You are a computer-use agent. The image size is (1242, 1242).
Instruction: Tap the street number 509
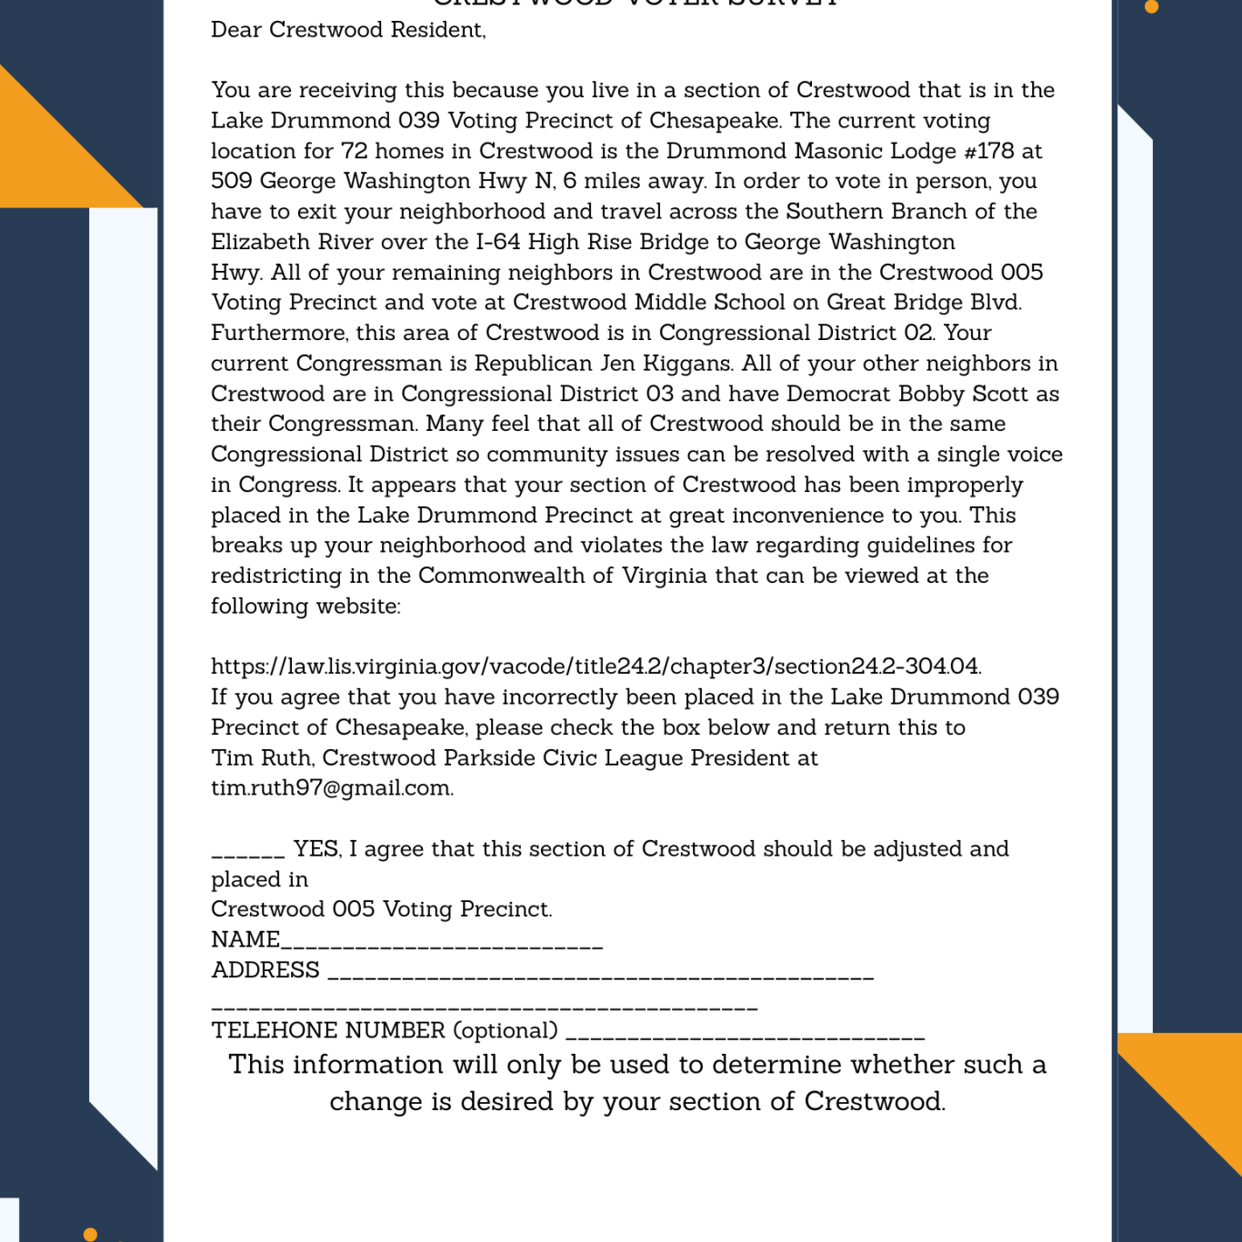pyautogui.click(x=232, y=181)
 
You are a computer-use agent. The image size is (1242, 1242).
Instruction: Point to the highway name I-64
pyautogui.click(x=498, y=242)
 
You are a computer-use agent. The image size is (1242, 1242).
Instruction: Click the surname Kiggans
pyautogui.click(x=687, y=364)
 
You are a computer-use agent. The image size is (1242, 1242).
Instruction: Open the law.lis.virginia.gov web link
pyautogui.click(x=596, y=666)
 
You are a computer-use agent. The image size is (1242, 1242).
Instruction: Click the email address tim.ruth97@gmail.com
pyautogui.click(x=332, y=787)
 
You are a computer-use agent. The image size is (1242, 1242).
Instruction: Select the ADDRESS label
pyautogui.click(x=265, y=970)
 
